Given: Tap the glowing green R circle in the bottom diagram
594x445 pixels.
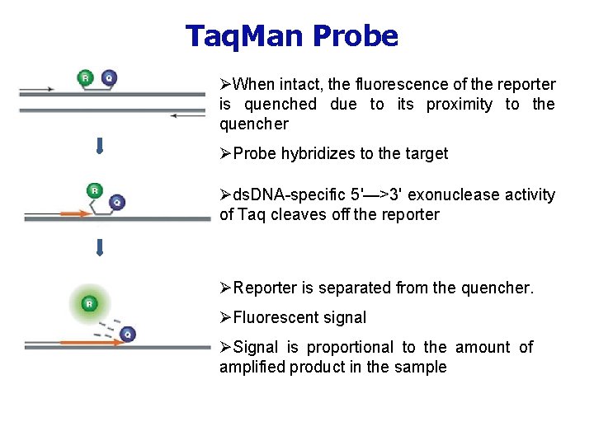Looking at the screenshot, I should click(x=88, y=304).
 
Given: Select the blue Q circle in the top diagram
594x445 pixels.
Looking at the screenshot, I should click(x=109, y=78).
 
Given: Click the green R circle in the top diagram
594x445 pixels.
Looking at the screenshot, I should click(x=85, y=78).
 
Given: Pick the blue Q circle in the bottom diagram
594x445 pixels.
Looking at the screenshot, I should click(x=127, y=334).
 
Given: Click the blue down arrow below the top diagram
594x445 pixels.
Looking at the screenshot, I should click(x=99, y=147).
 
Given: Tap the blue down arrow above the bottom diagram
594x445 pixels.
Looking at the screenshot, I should click(x=99, y=247).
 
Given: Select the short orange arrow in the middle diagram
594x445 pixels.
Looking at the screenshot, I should click(x=74, y=214).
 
